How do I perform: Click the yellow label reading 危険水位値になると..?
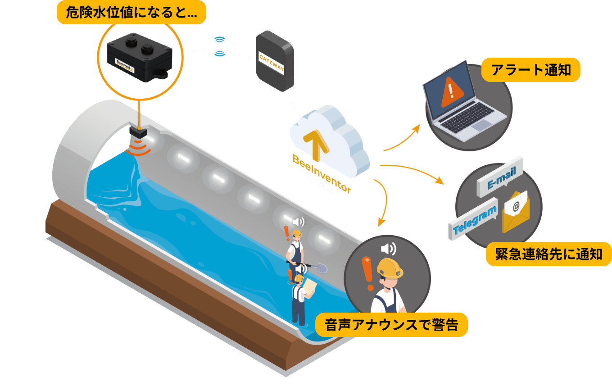[131, 13]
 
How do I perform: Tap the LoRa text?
[224, 45]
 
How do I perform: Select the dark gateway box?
[275, 61]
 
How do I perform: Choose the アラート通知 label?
[530, 70]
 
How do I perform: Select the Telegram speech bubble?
[475, 218]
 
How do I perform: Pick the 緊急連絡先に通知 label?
[549, 254]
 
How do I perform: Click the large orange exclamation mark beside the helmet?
[368, 273]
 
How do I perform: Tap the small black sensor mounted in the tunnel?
[138, 132]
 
